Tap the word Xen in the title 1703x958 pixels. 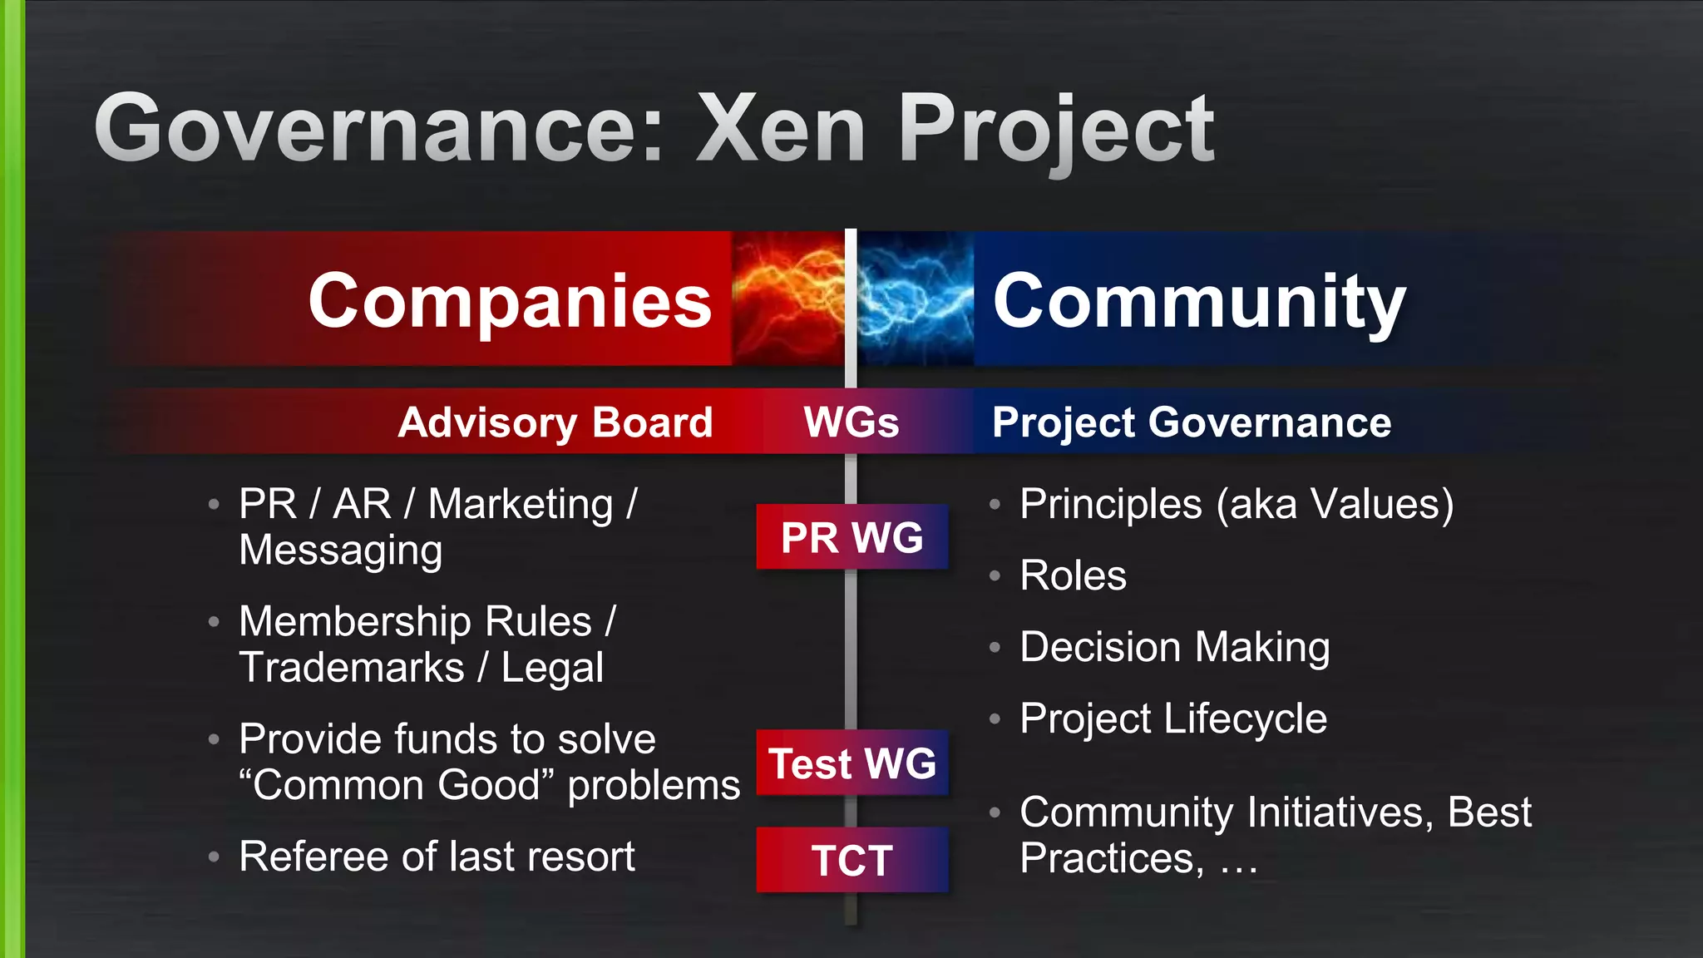coord(782,129)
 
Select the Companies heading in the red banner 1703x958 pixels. coord(510,301)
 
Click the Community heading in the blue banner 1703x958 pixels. coord(1198,301)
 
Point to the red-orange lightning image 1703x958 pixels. coord(787,298)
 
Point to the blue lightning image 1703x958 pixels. coord(915,298)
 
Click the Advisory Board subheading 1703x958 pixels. coord(555,422)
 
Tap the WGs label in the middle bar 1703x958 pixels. coord(851,422)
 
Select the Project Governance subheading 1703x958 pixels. coord(1191,422)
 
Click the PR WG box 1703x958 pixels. coord(851,537)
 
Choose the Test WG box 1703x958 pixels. coord(851,763)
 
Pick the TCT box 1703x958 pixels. coord(851,860)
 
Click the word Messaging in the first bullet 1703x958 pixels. coord(340,551)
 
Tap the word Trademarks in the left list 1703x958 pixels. coord(351,668)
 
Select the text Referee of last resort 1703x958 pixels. coord(437,857)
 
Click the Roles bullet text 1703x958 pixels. coord(1073,575)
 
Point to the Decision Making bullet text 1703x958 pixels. coord(1174,647)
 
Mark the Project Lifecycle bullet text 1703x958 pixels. coord(1172,718)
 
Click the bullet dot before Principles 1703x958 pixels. coord(995,504)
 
